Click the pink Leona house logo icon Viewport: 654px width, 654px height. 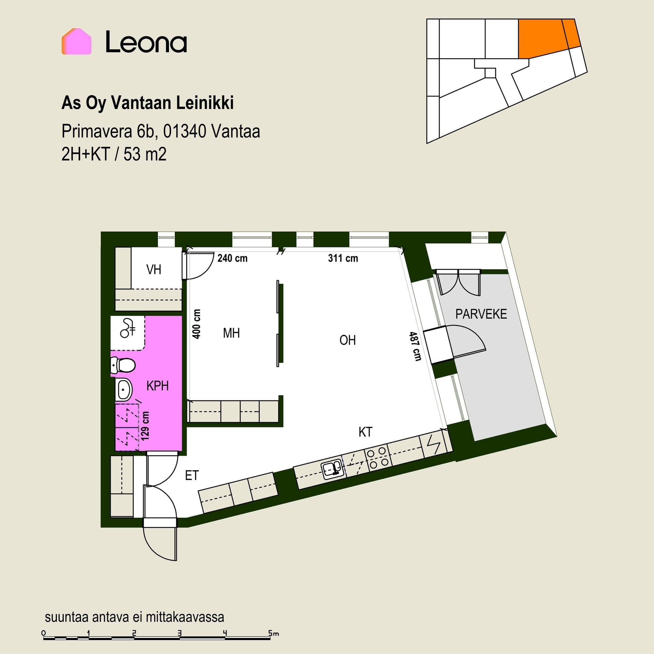[x=76, y=41]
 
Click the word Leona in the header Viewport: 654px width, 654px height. [x=146, y=42]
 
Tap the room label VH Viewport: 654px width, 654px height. [x=154, y=270]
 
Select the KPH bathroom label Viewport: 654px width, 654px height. [x=157, y=386]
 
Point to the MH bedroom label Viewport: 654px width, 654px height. [x=231, y=333]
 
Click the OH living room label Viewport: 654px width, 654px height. [x=347, y=340]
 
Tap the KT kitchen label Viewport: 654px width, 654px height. [x=365, y=432]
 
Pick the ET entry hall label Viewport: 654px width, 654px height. [x=192, y=476]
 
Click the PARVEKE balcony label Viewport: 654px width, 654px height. [x=481, y=314]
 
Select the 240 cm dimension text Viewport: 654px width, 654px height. [x=232, y=258]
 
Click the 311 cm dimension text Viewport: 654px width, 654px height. [x=343, y=258]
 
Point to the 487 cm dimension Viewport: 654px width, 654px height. [x=415, y=346]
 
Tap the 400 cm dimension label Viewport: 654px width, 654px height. [x=197, y=324]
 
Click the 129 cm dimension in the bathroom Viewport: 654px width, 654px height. [x=145, y=426]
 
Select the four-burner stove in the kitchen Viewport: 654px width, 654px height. [x=377, y=457]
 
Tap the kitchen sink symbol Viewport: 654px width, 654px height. [x=332, y=470]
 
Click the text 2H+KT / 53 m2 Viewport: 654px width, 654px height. [x=114, y=154]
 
